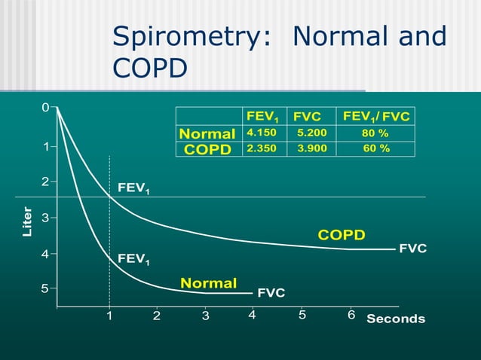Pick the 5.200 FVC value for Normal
point(312,133)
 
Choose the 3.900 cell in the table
point(312,148)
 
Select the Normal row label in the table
point(207,134)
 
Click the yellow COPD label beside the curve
point(342,235)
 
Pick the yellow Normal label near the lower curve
point(208,283)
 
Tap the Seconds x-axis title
point(396,319)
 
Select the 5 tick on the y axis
point(45,288)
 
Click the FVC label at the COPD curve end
point(412,248)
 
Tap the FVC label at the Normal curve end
point(271,292)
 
